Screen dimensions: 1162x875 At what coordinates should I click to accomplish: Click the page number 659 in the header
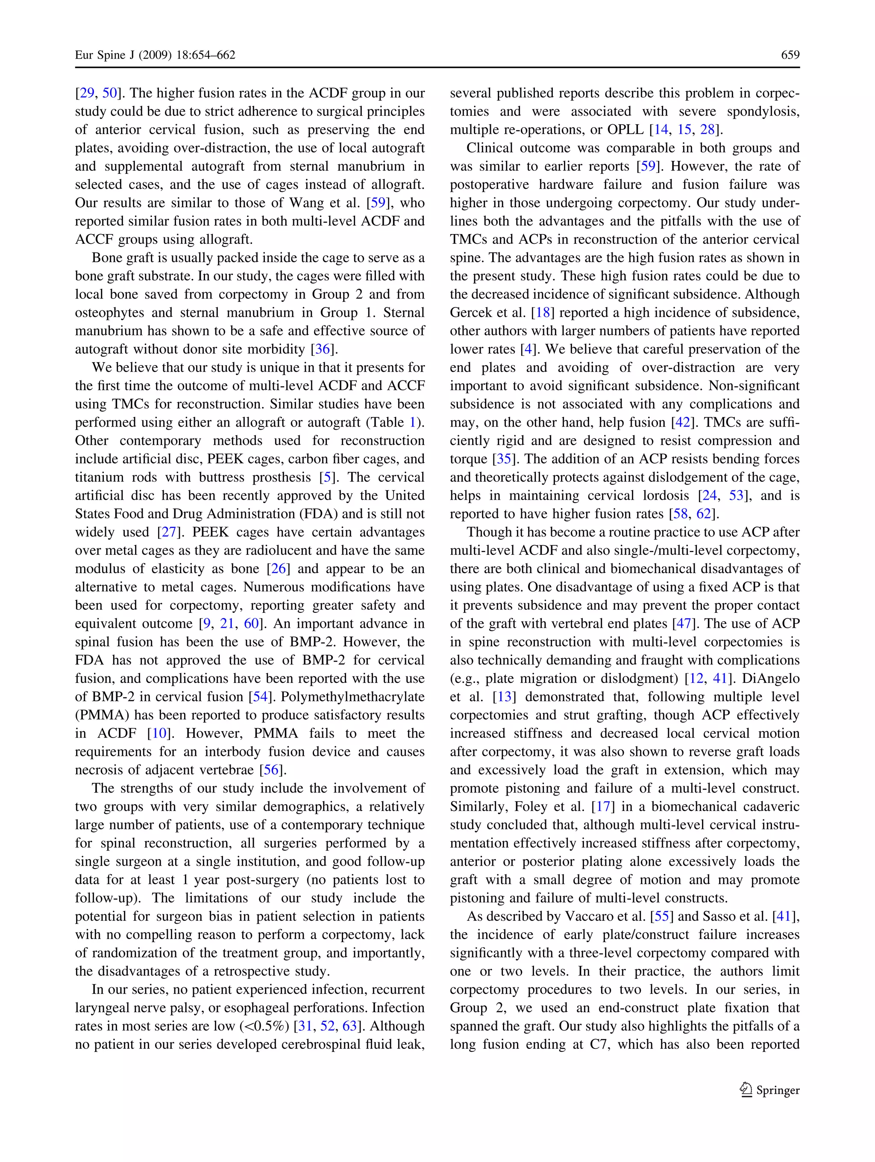[x=790, y=55]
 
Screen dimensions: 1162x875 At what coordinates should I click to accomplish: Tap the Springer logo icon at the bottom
[x=746, y=1090]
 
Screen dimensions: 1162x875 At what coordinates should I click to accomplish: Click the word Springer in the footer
[x=778, y=1091]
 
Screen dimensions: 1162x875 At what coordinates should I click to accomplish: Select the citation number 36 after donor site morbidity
[x=323, y=349]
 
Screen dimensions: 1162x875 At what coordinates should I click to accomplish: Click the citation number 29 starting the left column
[x=86, y=93]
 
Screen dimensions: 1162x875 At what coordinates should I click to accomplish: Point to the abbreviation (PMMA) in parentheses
[x=101, y=715]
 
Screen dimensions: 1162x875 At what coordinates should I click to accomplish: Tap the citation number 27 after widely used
[x=169, y=532]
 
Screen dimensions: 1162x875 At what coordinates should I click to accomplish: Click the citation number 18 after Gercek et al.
[x=543, y=313]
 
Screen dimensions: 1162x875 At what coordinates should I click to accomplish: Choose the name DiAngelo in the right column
[x=770, y=678]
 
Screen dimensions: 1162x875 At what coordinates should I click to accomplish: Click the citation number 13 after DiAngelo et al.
[x=504, y=697]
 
